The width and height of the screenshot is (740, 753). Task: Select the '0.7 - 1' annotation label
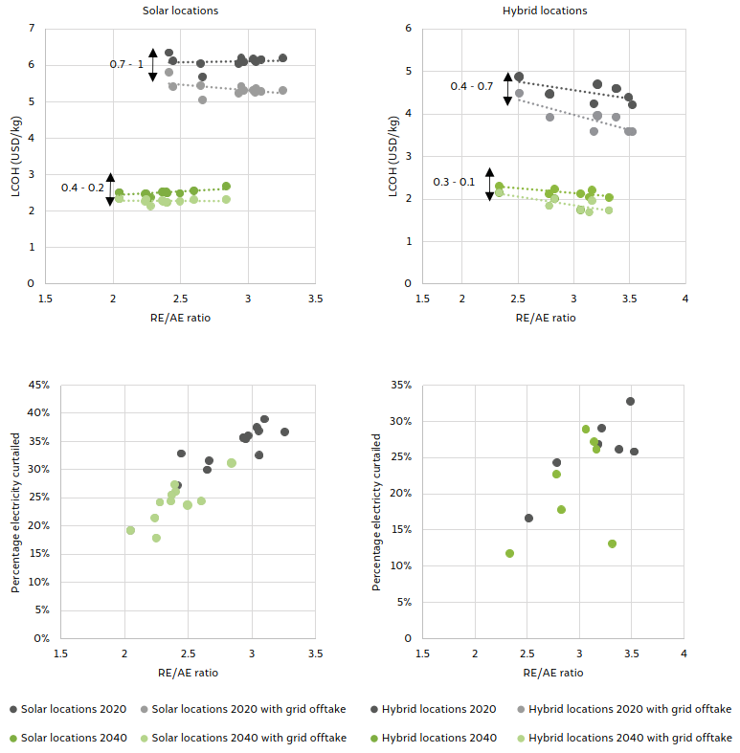pos(126,64)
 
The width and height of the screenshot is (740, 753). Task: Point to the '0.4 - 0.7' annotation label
pos(472,87)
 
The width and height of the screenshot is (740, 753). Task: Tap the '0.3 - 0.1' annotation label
pos(454,182)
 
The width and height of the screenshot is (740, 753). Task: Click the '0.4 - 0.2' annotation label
pos(82,188)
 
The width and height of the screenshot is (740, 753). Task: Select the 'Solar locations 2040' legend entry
pos(69,738)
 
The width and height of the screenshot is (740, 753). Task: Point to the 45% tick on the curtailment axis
pos(37,386)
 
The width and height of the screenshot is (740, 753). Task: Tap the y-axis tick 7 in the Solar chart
pos(32,29)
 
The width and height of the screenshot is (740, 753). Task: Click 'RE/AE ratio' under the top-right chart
pos(546,319)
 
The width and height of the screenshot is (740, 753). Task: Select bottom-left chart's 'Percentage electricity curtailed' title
pos(15,512)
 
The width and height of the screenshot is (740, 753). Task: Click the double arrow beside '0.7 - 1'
pos(152,64)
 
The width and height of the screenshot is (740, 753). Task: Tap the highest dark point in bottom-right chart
pos(630,401)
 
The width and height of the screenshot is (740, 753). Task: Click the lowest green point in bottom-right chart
pos(509,553)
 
